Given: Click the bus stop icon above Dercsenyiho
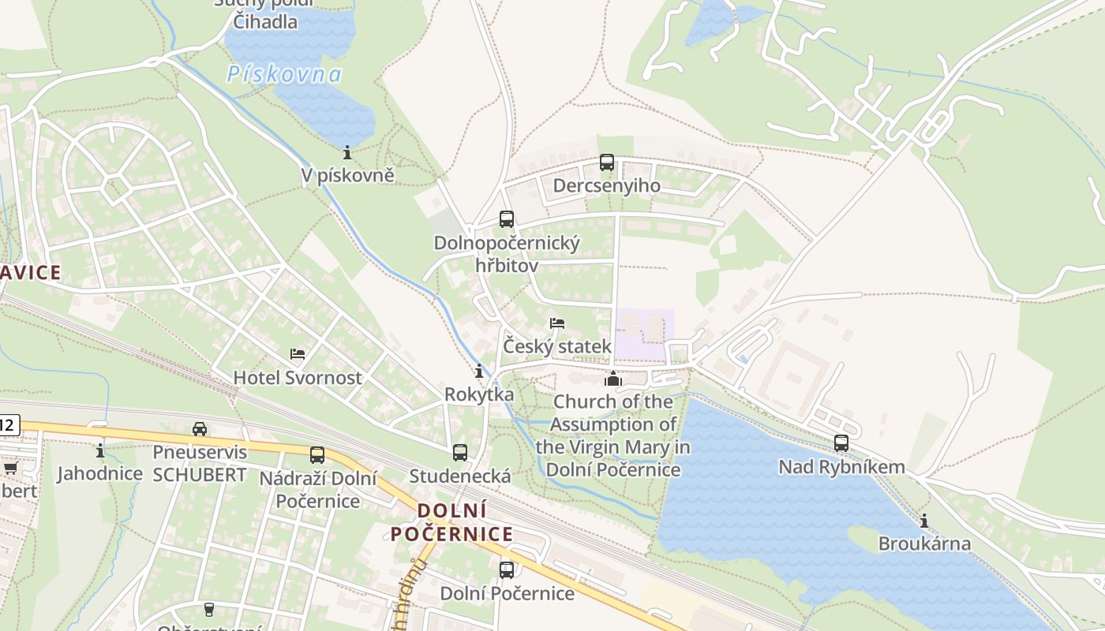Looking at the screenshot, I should coord(606,162).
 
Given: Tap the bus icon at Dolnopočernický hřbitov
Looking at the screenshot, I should coord(507,219).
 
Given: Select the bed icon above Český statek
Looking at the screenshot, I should coord(557,323).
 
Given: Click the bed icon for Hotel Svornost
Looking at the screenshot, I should coord(298,354).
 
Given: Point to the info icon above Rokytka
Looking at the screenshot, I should coord(478,371).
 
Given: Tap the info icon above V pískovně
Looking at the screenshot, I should coord(347,152).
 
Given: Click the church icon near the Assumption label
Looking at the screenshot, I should coord(613,379).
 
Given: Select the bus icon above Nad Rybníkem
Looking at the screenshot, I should coord(841,443).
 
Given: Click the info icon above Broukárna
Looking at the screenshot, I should coord(924,521).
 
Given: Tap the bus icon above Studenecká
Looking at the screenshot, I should coord(460,453).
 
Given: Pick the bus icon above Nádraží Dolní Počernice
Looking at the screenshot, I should coord(317,454).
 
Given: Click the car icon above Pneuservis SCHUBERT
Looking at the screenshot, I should coord(200,429).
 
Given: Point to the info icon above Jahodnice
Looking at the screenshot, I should coord(100,450).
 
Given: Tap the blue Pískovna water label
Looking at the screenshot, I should coord(284,75).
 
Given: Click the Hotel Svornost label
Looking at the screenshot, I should coord(298,377).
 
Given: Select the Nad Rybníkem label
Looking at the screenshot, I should coord(841,467).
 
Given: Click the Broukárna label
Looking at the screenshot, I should coord(924,544).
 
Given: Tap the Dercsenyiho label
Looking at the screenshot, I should coord(606,186).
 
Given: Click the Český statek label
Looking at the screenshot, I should coord(557,347).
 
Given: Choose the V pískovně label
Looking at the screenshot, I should coord(347,175).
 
